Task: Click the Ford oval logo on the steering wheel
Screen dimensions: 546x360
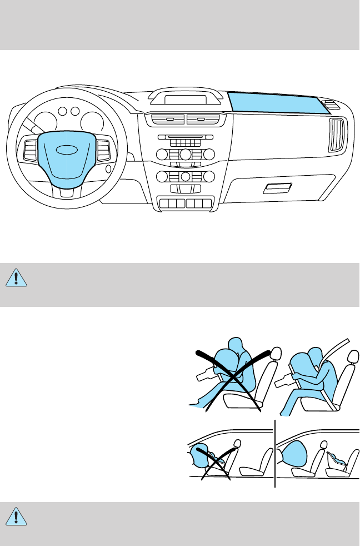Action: point(67,149)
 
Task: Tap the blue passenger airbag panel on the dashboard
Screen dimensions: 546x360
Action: point(275,104)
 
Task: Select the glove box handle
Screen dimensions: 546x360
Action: point(276,188)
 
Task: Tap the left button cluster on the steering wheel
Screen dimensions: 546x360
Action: point(29,150)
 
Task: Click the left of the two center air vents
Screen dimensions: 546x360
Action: point(166,119)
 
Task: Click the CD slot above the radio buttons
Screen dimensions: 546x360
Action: point(185,137)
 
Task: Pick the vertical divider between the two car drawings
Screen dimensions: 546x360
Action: point(275,453)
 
